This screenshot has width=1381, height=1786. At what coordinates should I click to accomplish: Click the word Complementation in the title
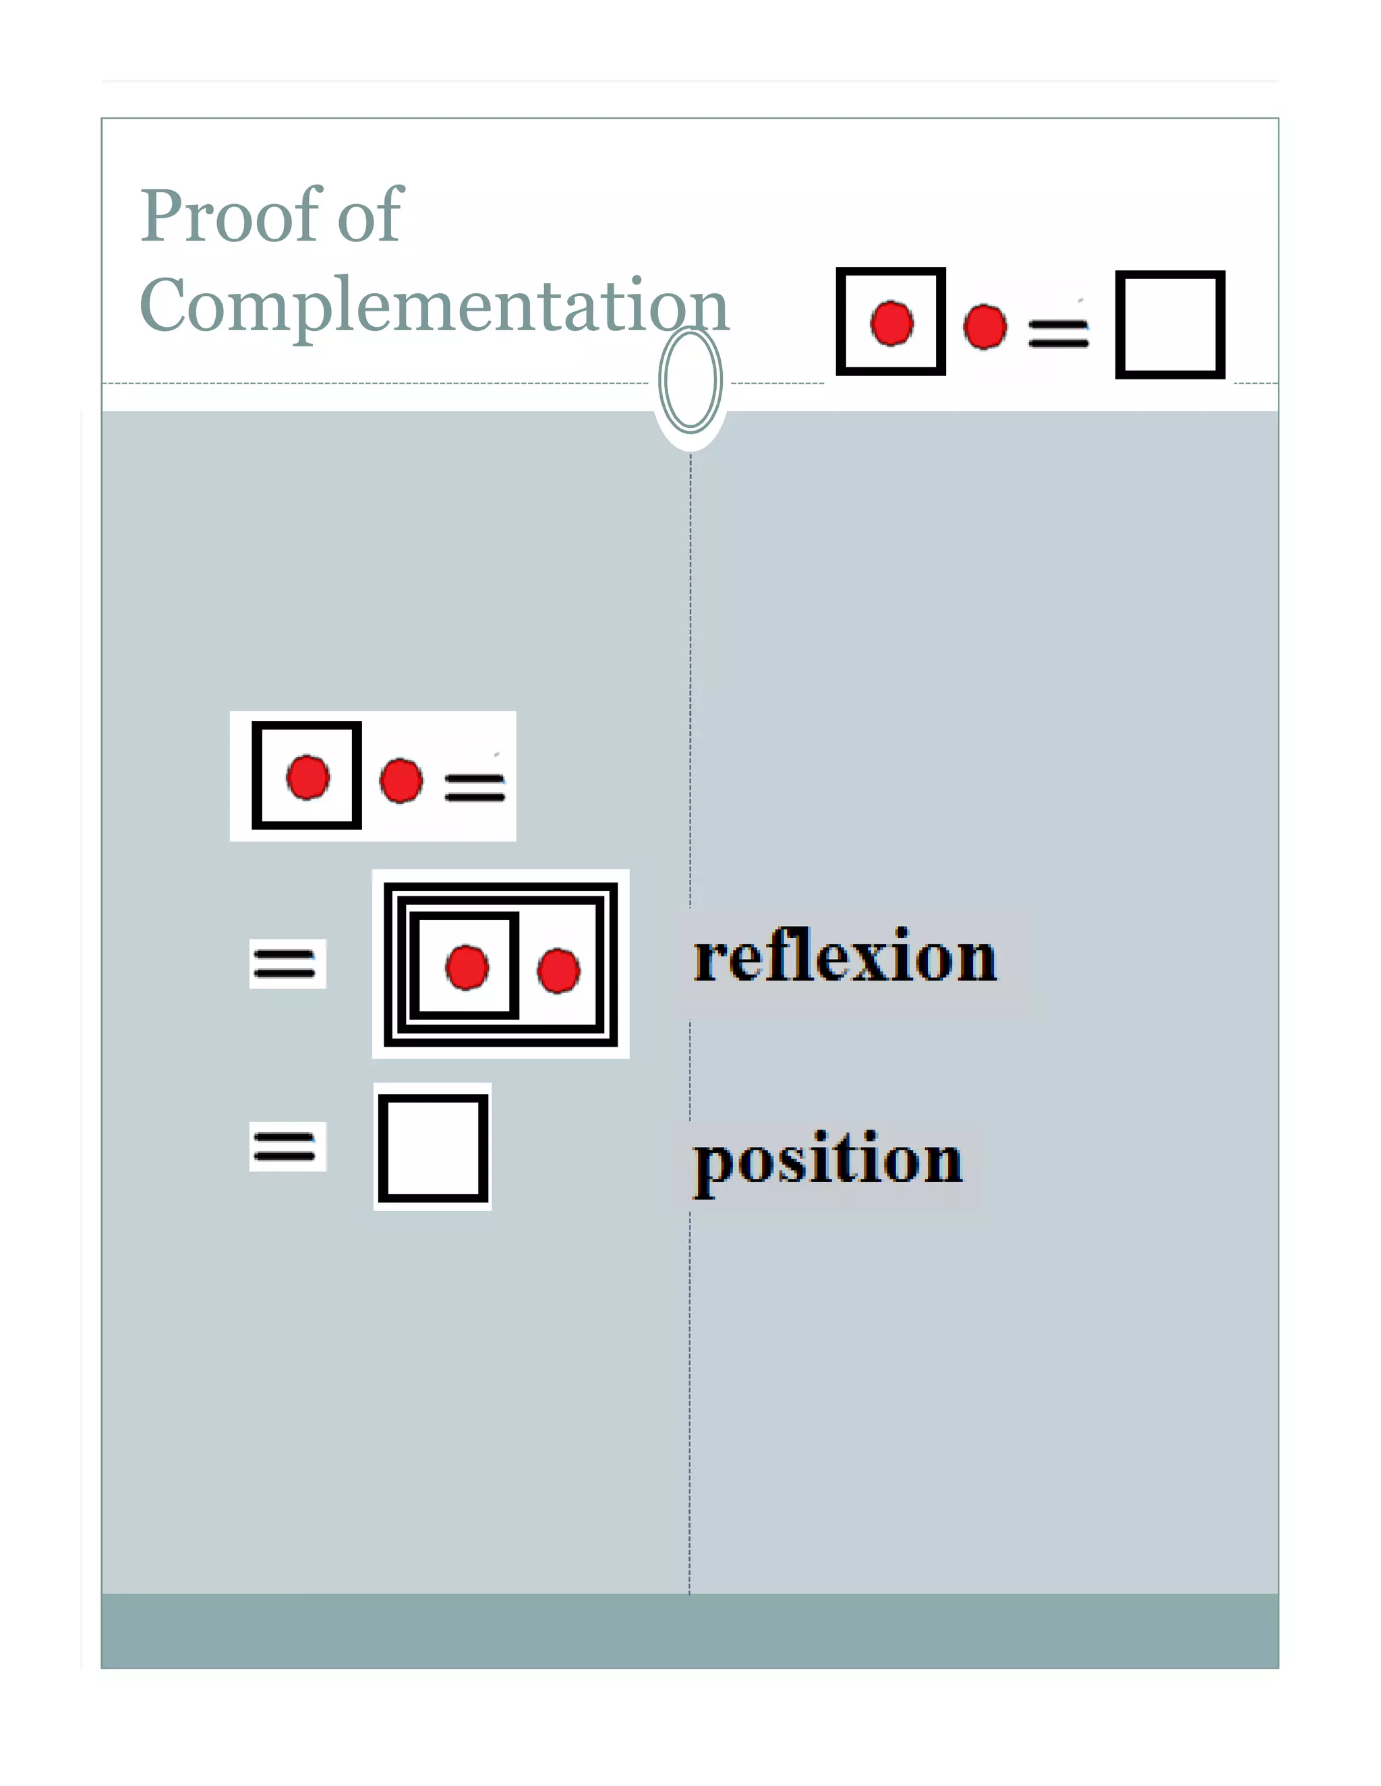point(434,306)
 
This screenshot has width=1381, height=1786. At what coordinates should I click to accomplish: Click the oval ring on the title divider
point(690,380)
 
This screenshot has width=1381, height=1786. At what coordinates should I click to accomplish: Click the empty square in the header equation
point(1170,325)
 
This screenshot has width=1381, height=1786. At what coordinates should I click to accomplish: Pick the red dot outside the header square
point(985,327)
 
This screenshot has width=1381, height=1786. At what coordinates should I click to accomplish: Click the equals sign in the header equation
point(1058,333)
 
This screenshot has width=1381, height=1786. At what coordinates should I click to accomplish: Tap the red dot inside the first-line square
point(307,777)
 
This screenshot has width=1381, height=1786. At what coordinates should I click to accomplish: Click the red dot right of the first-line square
point(401,780)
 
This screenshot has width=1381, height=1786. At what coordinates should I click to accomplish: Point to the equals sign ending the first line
point(475,787)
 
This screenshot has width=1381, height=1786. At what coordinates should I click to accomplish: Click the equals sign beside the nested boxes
point(285,962)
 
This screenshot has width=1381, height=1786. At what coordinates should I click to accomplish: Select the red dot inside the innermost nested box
point(467,967)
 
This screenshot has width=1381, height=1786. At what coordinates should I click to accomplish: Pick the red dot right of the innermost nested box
point(559,971)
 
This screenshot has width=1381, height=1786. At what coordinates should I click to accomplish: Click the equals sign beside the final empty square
point(285,1146)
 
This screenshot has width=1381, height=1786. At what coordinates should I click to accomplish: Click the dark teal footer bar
point(690,1630)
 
